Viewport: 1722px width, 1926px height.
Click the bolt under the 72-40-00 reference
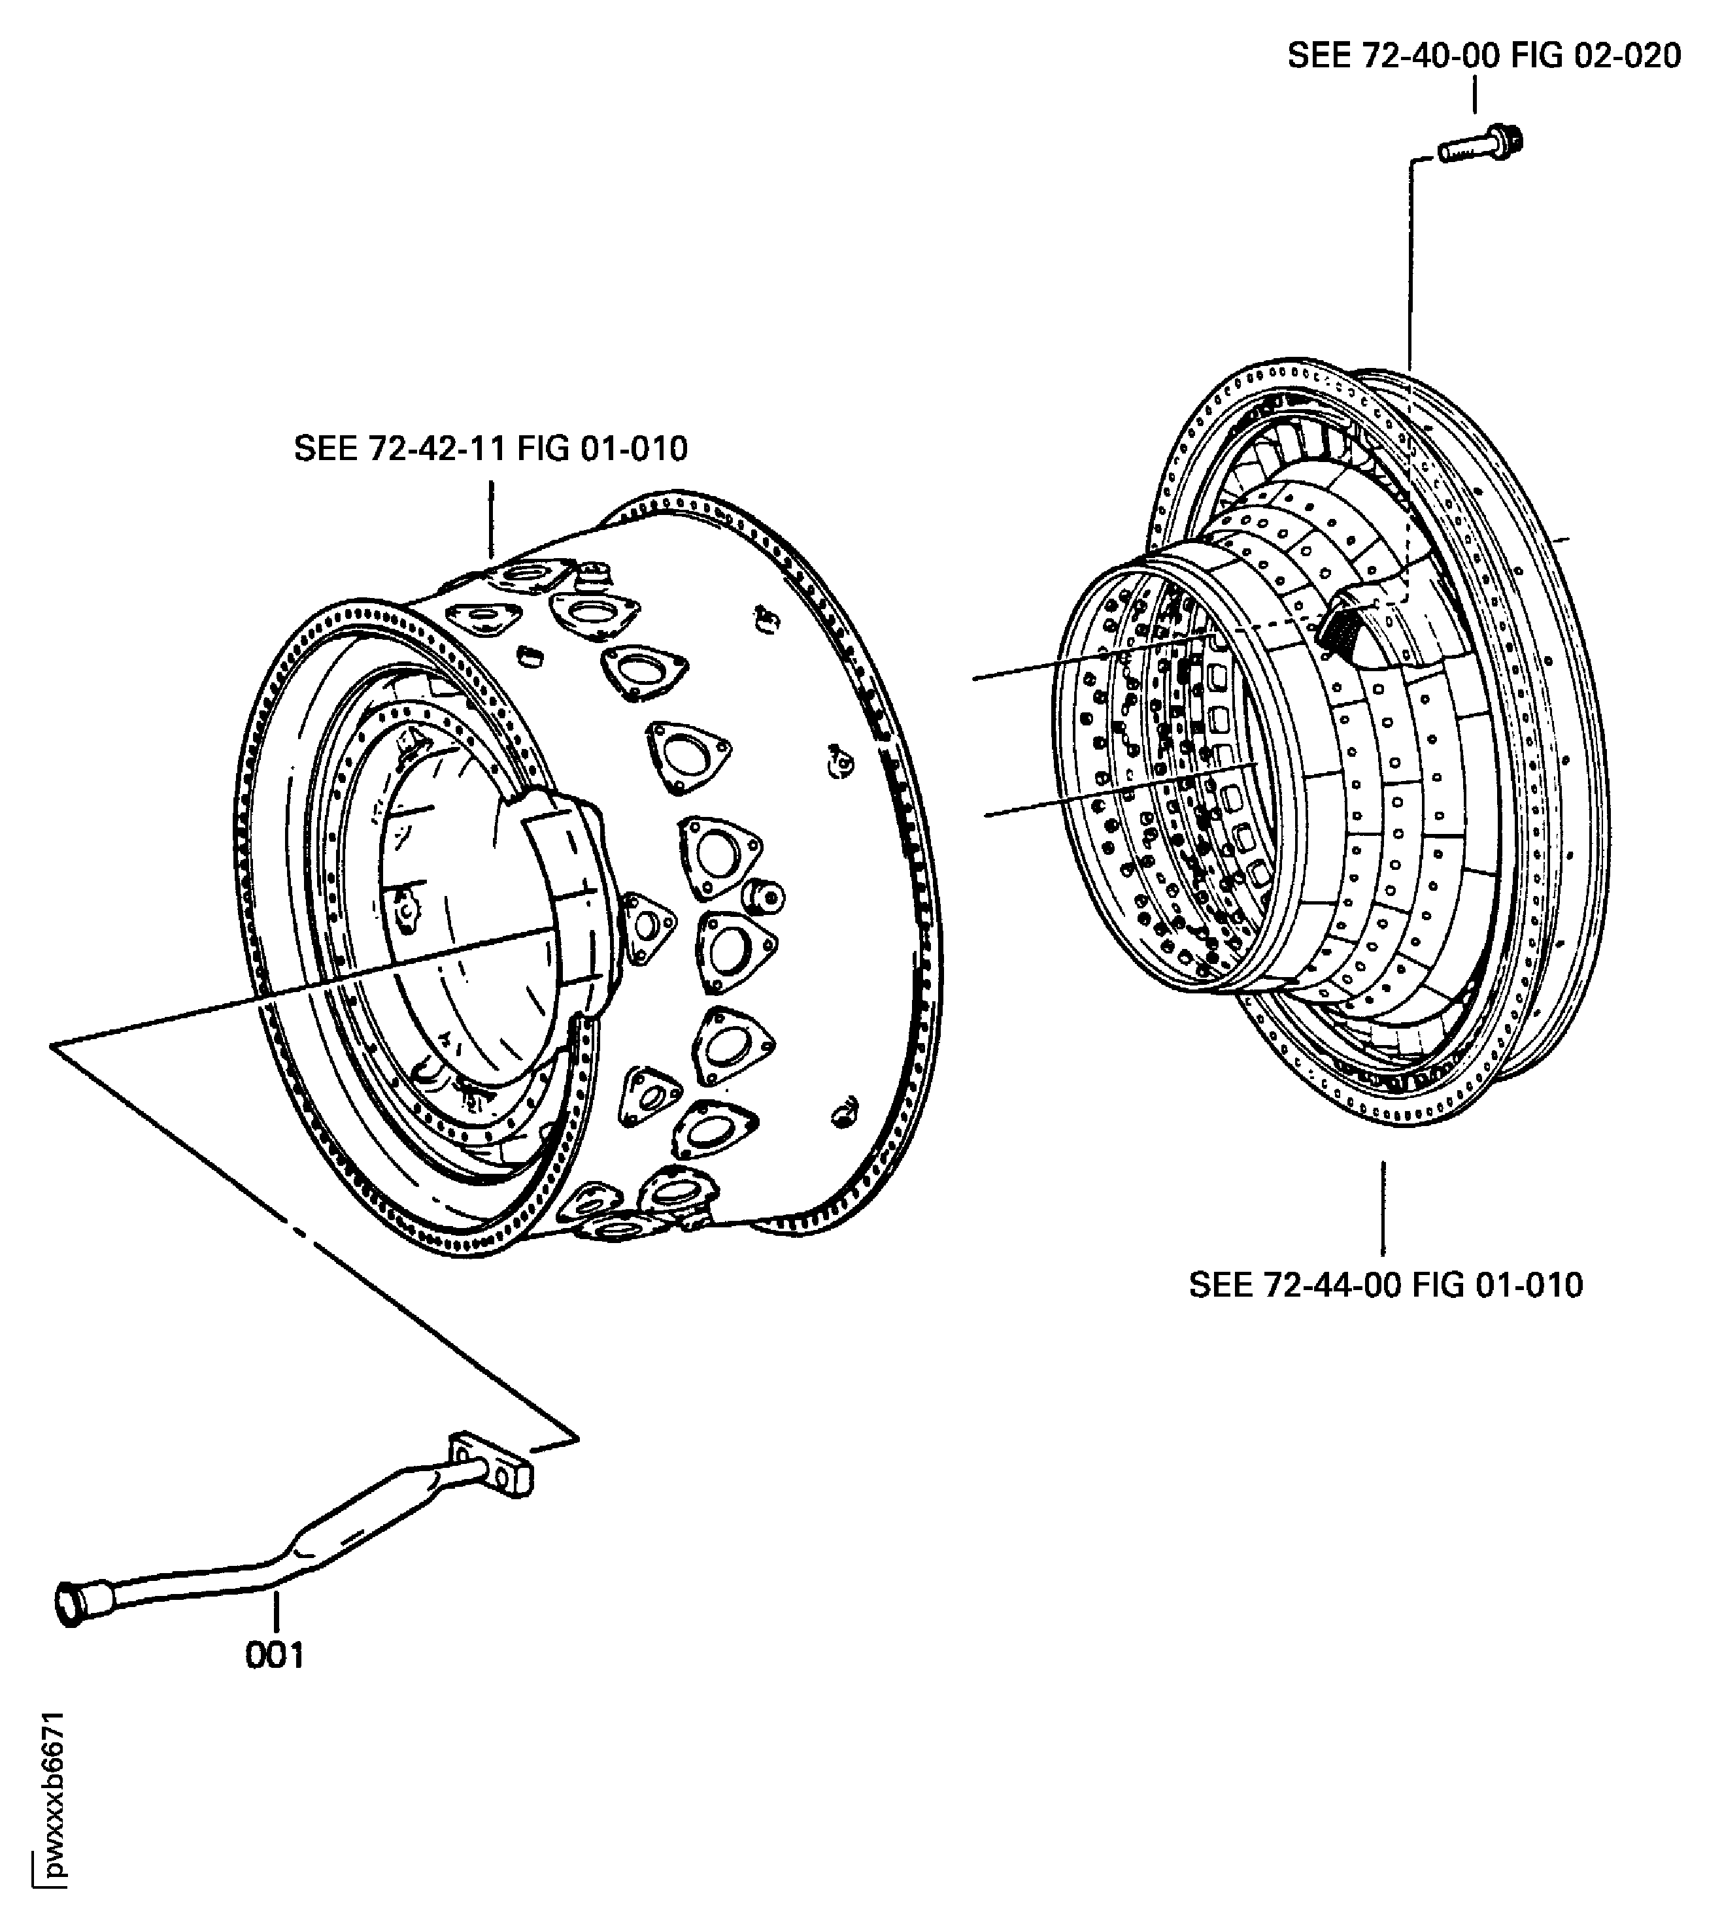coord(1481,146)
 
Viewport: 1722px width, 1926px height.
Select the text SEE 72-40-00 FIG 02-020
coord(1483,57)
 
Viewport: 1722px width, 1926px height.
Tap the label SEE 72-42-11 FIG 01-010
coord(490,448)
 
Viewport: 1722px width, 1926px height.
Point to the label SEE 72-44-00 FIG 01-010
coord(1385,1286)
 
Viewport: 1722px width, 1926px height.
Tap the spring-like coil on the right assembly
coord(1340,629)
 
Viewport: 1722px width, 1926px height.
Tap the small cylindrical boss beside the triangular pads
coord(764,894)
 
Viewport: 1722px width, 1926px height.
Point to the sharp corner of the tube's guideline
coord(53,1045)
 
